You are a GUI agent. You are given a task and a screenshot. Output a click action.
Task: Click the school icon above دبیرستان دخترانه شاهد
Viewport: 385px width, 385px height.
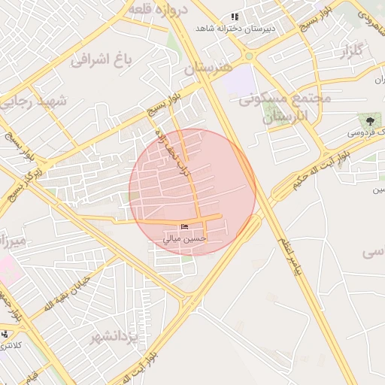(235, 17)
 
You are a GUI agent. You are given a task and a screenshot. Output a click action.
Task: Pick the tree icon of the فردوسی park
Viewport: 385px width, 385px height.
(368, 120)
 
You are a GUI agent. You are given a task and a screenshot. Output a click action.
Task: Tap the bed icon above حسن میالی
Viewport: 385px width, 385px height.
(185, 228)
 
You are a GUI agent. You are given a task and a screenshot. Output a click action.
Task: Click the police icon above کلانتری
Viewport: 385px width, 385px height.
(5, 334)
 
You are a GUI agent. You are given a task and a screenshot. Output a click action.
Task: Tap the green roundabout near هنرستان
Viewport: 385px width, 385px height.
(248, 56)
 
